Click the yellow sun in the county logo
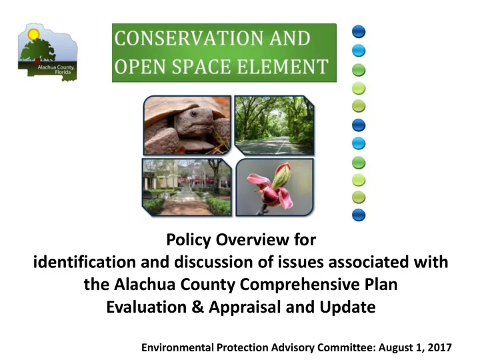(33, 34)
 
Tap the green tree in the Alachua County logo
(37, 50)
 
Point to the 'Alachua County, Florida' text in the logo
(56, 69)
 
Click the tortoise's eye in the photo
(194, 114)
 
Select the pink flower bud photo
(275, 187)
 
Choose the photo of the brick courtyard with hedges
(187, 187)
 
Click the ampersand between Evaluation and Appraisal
(197, 307)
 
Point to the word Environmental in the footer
(177, 347)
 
